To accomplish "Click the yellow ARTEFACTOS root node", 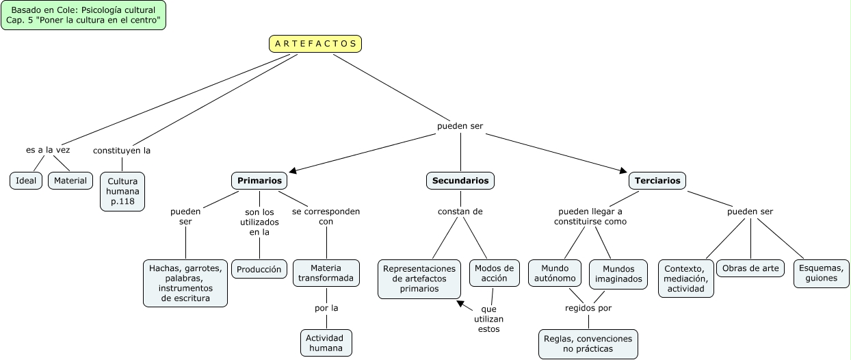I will click(315, 44).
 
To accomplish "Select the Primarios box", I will click(259, 181).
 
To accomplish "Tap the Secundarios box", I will click(460, 181).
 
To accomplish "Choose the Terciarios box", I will click(657, 181).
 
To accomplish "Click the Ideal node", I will click(26, 181).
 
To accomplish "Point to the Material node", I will click(70, 181).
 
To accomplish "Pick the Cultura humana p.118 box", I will click(122, 192).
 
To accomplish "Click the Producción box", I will click(259, 269).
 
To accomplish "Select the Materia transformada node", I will click(326, 273).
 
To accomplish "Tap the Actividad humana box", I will click(326, 343).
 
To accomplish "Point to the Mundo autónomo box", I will click(555, 273).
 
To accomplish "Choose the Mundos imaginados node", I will click(618, 273).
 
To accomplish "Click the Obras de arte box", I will click(751, 268).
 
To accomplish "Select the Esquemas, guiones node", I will click(822, 273).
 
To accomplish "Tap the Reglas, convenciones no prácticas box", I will click(588, 344).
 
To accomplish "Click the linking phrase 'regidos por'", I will click(588, 308).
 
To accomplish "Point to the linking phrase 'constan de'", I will click(460, 211).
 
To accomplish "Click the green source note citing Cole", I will click(83, 16).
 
